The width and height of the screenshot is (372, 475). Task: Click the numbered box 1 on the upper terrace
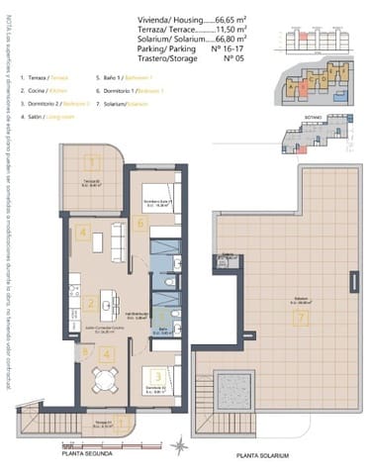coord(91,163)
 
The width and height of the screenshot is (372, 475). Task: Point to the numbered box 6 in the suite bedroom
coord(141,224)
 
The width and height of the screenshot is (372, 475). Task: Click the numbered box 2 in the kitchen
coord(90,304)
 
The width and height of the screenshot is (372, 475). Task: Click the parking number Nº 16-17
coord(229,48)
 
